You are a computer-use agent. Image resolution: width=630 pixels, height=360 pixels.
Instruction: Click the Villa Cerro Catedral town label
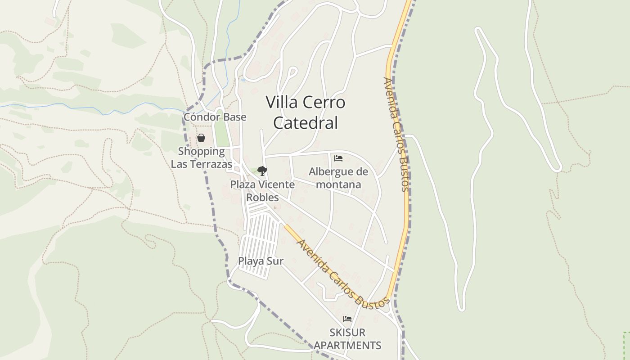pos(306,112)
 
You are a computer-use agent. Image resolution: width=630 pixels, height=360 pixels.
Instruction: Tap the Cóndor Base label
pos(215,117)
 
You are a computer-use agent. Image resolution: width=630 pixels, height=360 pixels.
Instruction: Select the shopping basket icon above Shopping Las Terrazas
pos(201,138)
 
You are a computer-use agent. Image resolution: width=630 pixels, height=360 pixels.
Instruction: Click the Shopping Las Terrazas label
pos(201,157)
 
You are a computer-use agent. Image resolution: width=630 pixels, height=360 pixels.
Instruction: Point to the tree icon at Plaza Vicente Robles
pos(262,171)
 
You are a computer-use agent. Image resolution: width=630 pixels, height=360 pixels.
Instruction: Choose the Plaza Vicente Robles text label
pos(262,191)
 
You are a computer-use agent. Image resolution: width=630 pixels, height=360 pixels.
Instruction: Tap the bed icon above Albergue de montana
pos(338,158)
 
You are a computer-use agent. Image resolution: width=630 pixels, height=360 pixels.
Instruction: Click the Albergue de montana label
pos(338,178)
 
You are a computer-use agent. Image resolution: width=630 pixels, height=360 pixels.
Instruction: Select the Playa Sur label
pos(261,261)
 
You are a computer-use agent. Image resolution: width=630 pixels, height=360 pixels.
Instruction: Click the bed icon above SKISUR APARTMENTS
pos(347,319)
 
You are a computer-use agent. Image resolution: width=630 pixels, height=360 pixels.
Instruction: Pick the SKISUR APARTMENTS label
pos(347,339)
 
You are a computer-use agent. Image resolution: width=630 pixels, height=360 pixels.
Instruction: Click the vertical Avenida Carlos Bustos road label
pos(396,134)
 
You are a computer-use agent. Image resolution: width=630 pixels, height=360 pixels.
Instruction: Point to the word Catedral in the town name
pos(306,123)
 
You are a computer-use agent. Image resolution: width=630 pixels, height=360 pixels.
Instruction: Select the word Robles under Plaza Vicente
pos(262,198)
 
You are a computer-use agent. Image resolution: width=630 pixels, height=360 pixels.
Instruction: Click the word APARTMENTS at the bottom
pos(347,346)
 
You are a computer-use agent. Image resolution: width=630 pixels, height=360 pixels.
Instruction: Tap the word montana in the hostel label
pos(338,184)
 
